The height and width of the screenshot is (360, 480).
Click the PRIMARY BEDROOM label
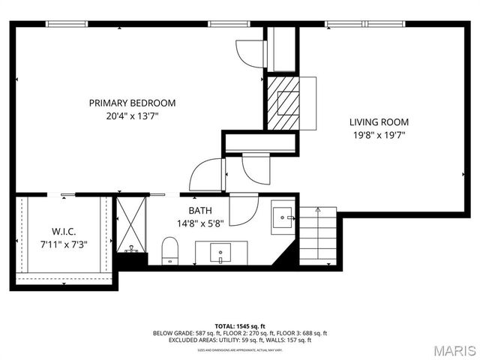132,103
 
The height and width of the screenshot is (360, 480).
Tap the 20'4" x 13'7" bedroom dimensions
132,116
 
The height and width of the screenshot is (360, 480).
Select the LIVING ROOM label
379,121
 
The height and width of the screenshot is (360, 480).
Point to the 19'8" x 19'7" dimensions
379,135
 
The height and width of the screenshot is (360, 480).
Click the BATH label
200,211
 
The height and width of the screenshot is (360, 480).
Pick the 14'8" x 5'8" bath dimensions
200,223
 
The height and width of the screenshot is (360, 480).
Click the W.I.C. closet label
64,231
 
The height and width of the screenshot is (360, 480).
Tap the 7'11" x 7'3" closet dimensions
64,243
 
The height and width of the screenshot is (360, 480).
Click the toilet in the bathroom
170,250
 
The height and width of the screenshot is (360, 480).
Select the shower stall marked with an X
131,224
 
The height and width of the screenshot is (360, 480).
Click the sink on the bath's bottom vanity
220,252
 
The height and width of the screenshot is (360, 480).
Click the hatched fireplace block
283,102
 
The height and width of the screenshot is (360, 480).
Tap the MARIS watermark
449,349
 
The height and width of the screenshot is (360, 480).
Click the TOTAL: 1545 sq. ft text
240,326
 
